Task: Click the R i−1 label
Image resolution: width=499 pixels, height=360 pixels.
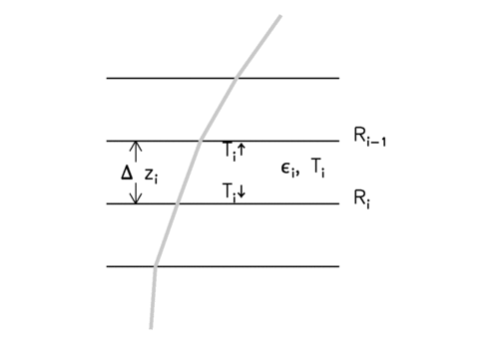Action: (369, 137)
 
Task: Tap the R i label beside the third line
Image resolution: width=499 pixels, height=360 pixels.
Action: (362, 199)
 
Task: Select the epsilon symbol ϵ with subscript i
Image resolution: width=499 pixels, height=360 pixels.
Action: (288, 169)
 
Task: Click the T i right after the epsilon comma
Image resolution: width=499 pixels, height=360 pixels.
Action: (318, 168)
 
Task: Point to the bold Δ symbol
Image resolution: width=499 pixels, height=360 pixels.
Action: (127, 173)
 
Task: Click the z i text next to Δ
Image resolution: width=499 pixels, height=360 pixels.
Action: (152, 176)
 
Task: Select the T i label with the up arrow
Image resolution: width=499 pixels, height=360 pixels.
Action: (234, 151)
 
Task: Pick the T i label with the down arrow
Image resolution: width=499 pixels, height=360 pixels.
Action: (234, 192)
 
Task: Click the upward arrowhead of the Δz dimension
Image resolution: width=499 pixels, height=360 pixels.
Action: (136, 143)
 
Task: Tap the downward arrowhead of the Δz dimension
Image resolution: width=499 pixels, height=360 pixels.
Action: (136, 202)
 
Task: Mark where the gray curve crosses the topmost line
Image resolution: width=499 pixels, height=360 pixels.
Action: (237, 78)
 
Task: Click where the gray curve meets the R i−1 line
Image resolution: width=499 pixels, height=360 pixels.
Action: (200, 141)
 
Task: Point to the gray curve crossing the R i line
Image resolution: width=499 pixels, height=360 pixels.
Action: (177, 203)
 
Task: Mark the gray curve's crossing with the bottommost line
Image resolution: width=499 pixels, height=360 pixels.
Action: (155, 266)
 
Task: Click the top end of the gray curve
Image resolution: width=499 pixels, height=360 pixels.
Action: (280, 16)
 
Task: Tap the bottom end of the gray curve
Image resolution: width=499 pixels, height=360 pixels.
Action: (151, 328)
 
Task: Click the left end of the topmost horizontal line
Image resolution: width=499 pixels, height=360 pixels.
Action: (107, 78)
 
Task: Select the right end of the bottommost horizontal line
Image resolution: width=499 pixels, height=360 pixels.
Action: (339, 266)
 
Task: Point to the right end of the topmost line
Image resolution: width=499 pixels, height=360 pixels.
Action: (339, 78)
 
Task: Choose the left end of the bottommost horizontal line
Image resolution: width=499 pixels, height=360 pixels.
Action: (107, 266)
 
